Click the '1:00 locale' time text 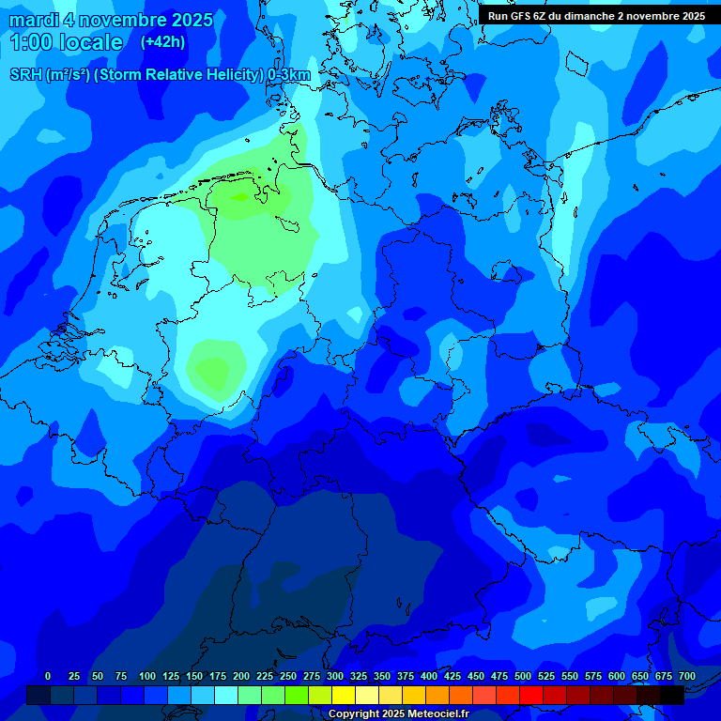tap(66, 42)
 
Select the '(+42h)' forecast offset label tap(162, 42)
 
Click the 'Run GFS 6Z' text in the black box tap(517, 16)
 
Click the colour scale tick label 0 tap(48, 676)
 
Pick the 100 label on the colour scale tap(147, 676)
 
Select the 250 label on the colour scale tap(288, 676)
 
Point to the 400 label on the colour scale tap(429, 676)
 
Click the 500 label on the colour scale tap(523, 676)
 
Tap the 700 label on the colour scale tap(687, 676)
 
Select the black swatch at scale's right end tap(671, 695)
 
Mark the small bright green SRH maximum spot tap(240, 196)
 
